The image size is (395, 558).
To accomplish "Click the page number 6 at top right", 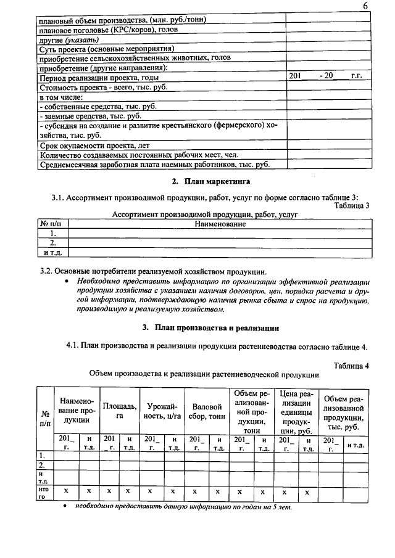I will point(365,6).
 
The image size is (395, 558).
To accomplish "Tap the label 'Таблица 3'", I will point(351,206).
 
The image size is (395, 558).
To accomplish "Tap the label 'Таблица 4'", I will point(351,365).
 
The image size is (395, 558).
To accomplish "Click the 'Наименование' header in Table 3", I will point(220,224).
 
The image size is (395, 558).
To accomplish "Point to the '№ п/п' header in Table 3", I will point(53,224).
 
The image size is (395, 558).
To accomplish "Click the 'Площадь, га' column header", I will point(120,411).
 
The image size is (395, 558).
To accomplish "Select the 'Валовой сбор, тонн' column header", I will point(207,411).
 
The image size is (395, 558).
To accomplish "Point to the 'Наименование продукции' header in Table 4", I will point(76,410).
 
